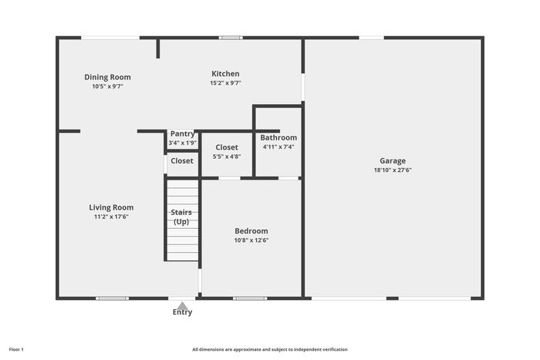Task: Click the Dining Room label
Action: (107, 77)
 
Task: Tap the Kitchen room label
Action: (225, 74)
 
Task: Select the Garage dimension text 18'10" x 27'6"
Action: (393, 170)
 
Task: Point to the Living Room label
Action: (111, 207)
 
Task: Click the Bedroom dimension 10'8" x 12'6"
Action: (251, 241)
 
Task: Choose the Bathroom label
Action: (278, 138)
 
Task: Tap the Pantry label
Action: (183, 134)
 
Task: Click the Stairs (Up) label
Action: (181, 217)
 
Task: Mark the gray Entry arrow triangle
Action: (183, 305)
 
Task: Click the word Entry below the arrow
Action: (183, 312)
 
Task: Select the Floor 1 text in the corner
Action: (16, 349)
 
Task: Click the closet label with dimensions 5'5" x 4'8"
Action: (227, 147)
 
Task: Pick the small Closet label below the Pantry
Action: (182, 160)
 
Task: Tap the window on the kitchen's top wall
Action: (231, 38)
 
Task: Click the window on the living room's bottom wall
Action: (113, 298)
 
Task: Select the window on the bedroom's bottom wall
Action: (250, 298)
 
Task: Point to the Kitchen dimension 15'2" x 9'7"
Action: (225, 83)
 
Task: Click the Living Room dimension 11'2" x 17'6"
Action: (111, 217)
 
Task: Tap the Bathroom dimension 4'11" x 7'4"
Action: (278, 147)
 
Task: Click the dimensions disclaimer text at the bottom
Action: (270, 349)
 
